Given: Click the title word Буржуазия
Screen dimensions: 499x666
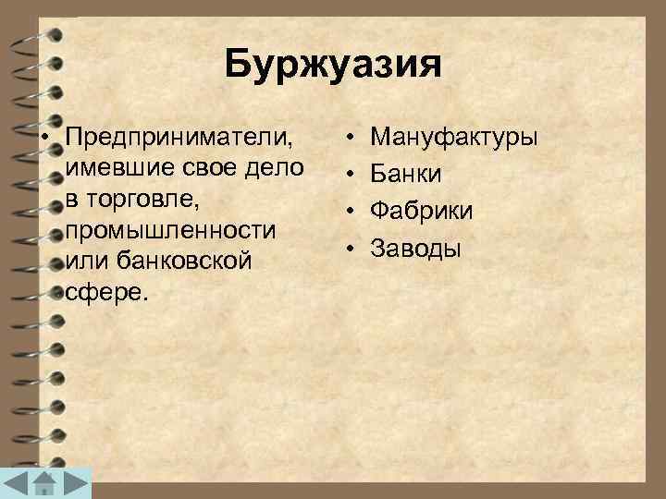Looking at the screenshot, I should [333, 66].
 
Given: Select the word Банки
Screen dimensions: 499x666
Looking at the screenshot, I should [406, 175].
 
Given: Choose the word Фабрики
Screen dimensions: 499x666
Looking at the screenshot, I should [422, 211].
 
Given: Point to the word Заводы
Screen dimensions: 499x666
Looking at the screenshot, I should [415, 247].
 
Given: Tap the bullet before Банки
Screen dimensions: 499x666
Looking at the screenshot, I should [352, 175].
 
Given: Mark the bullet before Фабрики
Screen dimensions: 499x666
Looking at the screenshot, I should [352, 211].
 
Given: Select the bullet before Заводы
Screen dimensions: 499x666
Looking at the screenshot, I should [352, 247].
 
